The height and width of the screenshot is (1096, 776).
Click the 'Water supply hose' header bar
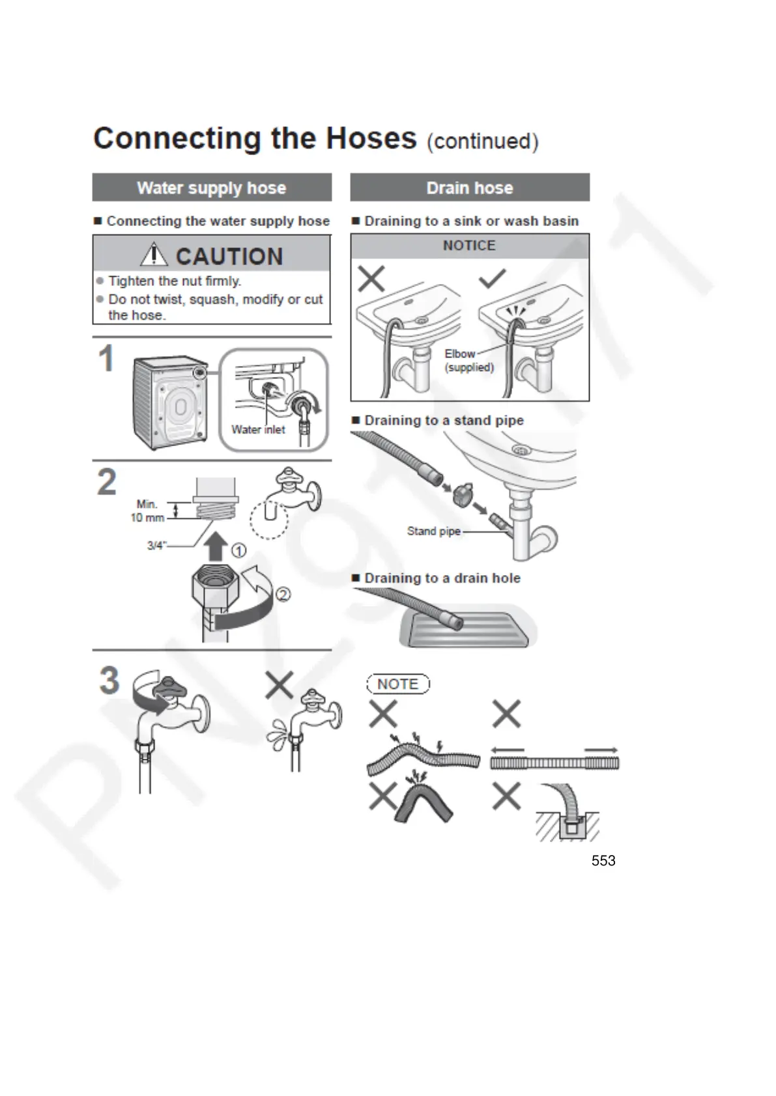tap(212, 188)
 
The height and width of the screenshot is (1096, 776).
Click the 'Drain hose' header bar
tap(469, 188)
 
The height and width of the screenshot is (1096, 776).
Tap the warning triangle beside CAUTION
tap(154, 255)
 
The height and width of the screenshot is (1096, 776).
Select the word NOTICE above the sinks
tap(469, 246)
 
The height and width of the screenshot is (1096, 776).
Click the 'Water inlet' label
tap(258, 430)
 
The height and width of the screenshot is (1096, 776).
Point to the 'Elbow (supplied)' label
tap(468, 360)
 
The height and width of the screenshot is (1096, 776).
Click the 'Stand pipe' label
tap(433, 531)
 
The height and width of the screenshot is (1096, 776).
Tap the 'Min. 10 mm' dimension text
tap(147, 511)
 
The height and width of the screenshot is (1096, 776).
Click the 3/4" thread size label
tap(156, 546)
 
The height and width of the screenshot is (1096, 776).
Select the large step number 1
tap(106, 359)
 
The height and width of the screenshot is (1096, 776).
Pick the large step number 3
tap(109, 681)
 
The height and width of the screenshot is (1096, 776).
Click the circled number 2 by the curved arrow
tap(283, 594)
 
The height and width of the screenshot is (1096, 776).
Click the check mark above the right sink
tap(492, 279)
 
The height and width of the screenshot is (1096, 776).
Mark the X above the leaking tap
tap(279, 684)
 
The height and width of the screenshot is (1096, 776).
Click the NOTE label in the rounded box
tap(397, 684)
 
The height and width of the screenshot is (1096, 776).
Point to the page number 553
tap(603, 861)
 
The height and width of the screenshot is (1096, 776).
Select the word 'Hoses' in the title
tap(371, 139)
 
